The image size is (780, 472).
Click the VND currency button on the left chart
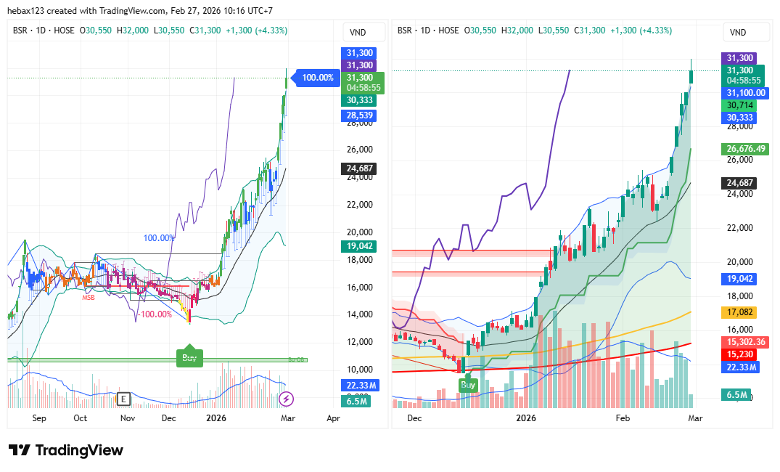(357, 32)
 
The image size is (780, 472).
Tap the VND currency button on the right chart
(738, 32)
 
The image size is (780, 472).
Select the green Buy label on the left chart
(189, 357)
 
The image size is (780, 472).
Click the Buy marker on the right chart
(469, 385)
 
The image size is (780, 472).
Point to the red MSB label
(89, 297)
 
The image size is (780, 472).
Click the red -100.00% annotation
(155, 314)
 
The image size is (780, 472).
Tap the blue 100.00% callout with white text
(318, 78)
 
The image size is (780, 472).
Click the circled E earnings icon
(124, 398)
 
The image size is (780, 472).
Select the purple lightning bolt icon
(287, 398)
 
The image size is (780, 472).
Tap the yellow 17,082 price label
(738, 313)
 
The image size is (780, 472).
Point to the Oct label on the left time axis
(80, 418)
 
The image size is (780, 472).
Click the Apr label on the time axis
(333, 418)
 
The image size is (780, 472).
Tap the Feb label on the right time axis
(623, 418)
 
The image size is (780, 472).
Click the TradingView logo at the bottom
(66, 450)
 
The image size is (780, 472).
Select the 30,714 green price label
(736, 105)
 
